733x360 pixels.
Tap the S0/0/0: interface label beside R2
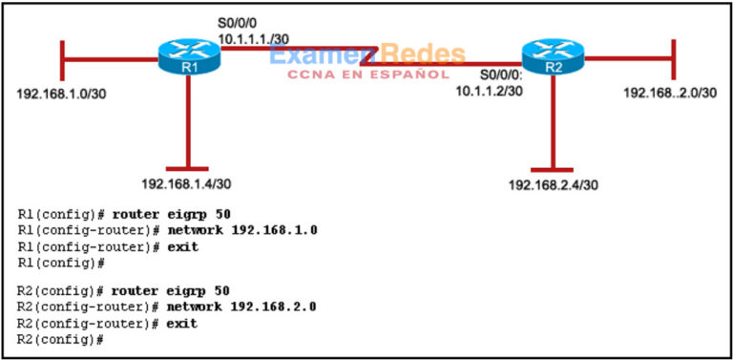(500, 74)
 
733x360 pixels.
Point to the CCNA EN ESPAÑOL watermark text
(367, 74)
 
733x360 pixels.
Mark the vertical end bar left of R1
(62, 61)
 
